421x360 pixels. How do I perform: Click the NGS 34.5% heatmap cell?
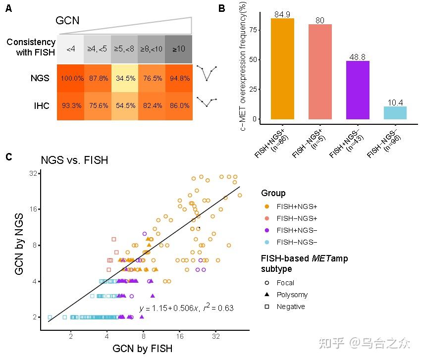pos(124,78)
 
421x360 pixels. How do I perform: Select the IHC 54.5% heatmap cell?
pos(124,106)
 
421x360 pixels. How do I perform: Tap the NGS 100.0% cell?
pos(70,78)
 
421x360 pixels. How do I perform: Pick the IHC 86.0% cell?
pos(179,106)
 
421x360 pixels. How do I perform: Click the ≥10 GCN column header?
pos(179,50)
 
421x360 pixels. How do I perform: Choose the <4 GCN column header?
pos(70,50)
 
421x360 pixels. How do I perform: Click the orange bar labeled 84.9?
pos(282,69)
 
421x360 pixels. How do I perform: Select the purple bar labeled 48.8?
pos(358,90)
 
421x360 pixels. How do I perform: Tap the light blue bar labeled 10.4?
pos(395,113)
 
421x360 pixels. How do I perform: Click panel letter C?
pos(8,157)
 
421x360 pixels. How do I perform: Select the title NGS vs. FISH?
pos(74,160)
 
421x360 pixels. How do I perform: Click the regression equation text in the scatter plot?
pos(186,308)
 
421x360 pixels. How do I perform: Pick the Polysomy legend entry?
pos(292,295)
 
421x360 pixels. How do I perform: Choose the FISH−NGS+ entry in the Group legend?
pos(297,218)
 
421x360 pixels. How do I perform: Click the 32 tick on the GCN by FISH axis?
pos(215,336)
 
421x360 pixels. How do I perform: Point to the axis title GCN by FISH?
pos(143,349)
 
